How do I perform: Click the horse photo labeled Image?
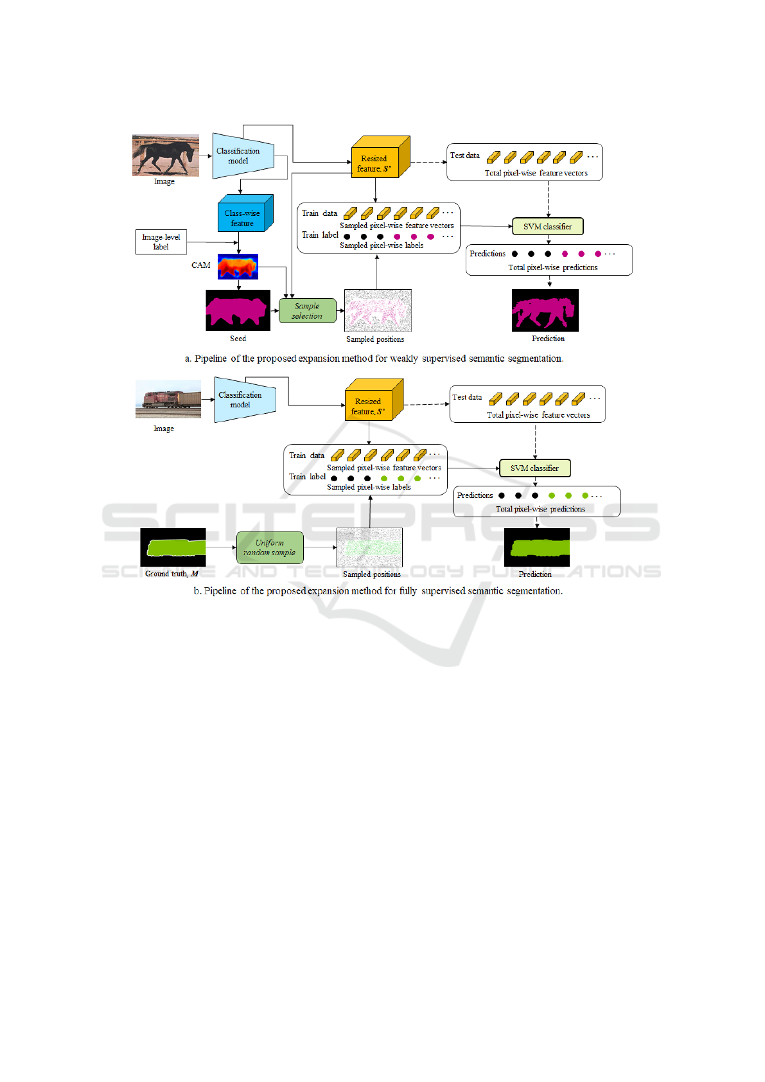(166, 155)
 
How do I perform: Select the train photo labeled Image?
(168, 398)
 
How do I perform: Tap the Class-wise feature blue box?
(245, 213)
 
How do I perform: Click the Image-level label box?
(161, 242)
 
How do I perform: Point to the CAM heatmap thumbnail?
(238, 267)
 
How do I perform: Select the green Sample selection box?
(307, 310)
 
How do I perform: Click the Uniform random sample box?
(270, 547)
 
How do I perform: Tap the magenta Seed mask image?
(238, 310)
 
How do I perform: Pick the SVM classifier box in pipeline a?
(548, 226)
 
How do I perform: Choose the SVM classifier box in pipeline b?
(534, 468)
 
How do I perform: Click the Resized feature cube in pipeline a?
(380, 157)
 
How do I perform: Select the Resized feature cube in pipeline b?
(374, 400)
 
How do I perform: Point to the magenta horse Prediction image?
(545, 310)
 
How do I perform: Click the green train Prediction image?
(537, 547)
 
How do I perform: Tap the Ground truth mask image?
(173, 547)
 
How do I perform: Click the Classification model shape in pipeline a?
(243, 155)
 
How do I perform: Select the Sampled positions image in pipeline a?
(378, 310)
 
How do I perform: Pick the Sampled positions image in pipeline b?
(369, 547)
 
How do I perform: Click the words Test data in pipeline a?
(464, 155)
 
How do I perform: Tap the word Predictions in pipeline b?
(475, 495)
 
